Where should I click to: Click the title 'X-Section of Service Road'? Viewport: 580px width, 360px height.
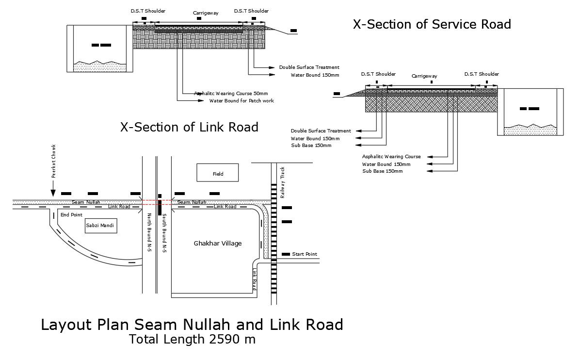coord(431,24)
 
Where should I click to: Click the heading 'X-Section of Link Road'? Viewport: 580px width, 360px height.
coord(189,127)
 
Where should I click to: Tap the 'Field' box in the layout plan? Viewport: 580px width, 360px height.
coord(218,173)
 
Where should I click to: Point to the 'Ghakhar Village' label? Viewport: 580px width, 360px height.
coord(217,243)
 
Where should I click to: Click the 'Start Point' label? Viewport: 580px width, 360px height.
coord(305,254)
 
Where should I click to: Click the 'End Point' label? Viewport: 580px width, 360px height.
coord(71,214)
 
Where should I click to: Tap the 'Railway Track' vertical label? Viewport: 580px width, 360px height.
coord(282,182)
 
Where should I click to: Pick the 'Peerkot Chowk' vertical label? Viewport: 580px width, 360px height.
coord(54,161)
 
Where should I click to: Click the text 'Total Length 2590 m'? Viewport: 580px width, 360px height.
coord(192,339)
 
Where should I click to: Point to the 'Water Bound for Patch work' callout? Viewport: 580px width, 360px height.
coord(242,101)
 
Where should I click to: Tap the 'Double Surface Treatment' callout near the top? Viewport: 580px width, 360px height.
coord(309,67)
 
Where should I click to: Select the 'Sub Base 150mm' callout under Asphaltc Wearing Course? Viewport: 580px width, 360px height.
coord(382,171)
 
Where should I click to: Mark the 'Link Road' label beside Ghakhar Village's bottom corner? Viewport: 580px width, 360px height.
coord(254,279)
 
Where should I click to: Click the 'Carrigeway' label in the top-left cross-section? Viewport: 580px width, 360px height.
coord(205,13)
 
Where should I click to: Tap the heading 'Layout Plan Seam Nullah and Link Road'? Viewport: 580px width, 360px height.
coord(192,324)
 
